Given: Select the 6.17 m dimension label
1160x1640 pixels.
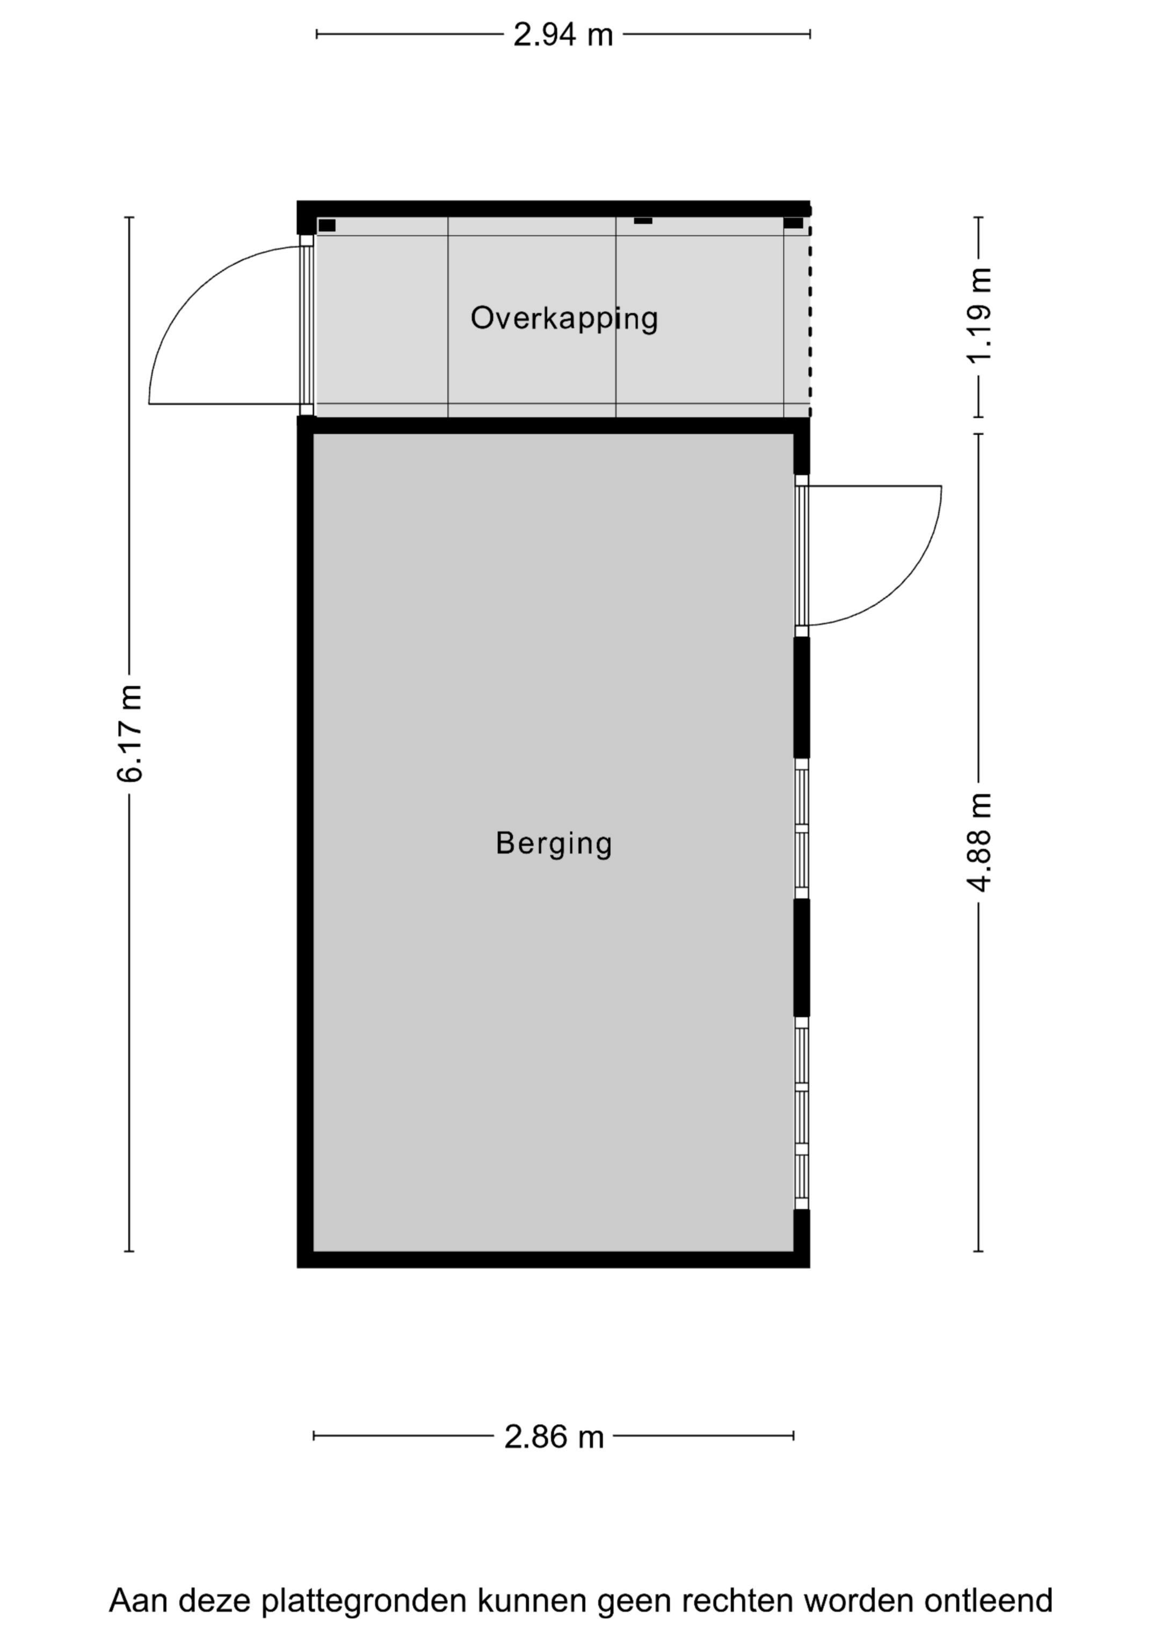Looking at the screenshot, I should tap(131, 733).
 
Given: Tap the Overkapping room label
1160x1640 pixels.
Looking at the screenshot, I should tap(564, 318).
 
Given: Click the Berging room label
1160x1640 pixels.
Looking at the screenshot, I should tap(554, 843).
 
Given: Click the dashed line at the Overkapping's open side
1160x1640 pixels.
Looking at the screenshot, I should tap(810, 314).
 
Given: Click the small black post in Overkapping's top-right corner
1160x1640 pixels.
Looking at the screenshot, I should tap(793, 223).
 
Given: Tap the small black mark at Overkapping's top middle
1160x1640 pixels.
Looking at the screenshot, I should tap(643, 221).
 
